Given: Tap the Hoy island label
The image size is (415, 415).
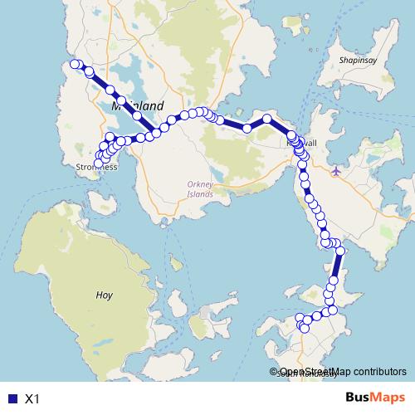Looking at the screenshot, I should (x=104, y=294).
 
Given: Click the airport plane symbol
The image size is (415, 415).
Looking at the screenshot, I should (x=335, y=171).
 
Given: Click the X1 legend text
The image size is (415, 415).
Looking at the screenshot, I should (x=32, y=398).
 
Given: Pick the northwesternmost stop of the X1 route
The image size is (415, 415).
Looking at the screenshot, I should (x=74, y=64).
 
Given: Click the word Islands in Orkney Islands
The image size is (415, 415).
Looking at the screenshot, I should (x=200, y=194).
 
